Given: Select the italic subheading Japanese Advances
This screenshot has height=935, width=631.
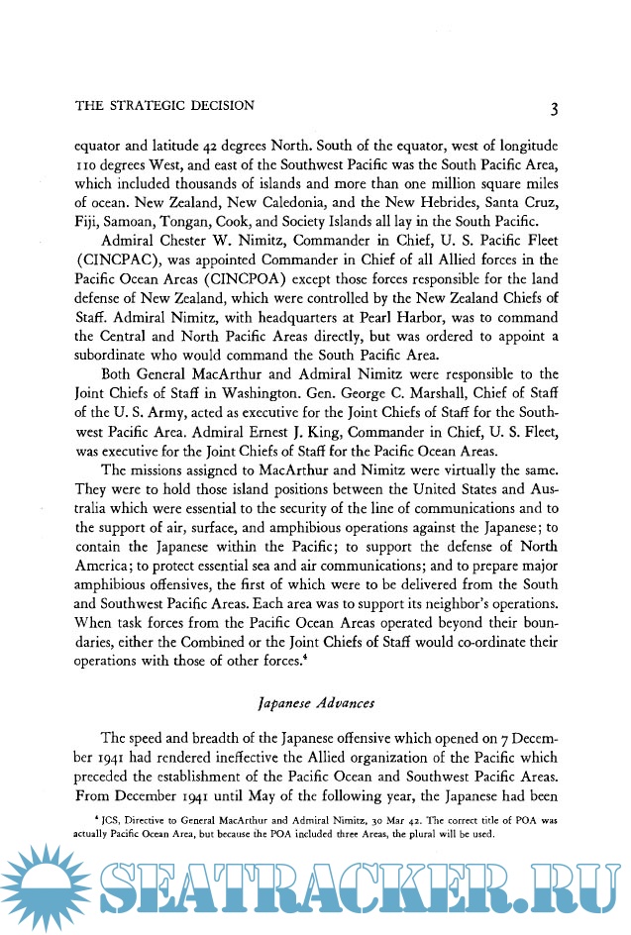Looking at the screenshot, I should pos(316,704).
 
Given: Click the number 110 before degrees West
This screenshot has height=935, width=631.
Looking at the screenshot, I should pos(88,165).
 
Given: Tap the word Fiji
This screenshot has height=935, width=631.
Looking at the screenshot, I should pos(89,227).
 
